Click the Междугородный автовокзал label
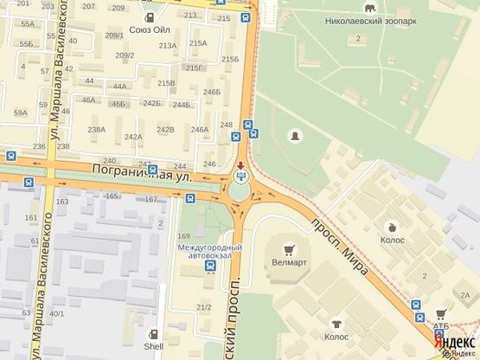point(210,254)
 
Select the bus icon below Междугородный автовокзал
point(210,267)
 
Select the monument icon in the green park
point(295,137)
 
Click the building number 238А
point(96,129)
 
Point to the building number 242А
point(132,137)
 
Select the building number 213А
point(167,45)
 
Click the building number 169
point(183,235)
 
